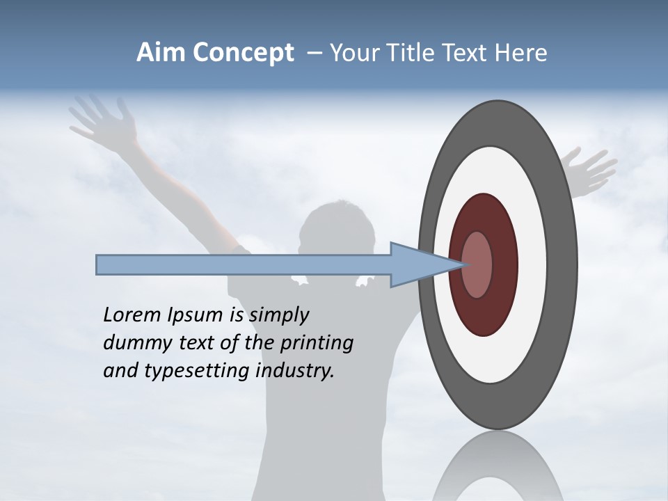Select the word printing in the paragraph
tap(316, 344)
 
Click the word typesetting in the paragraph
tap(195, 372)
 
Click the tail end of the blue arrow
tap(99, 264)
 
